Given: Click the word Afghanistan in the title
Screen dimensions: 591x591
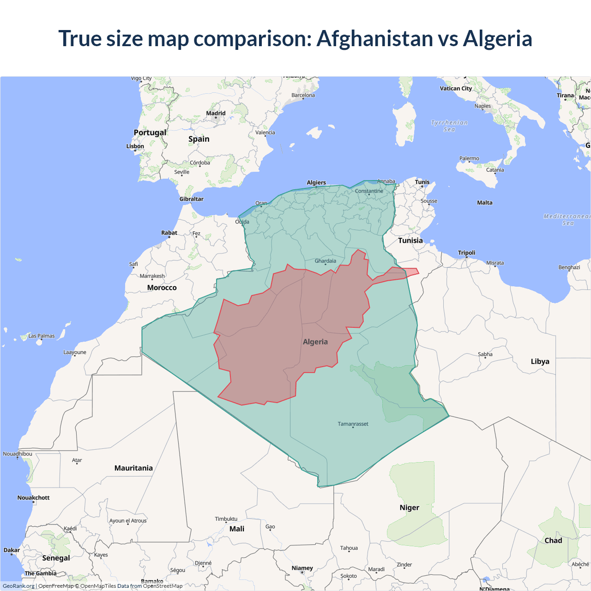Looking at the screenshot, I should (374, 38).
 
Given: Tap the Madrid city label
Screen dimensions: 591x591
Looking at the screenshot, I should (216, 113).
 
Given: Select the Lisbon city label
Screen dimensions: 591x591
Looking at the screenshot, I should (135, 146).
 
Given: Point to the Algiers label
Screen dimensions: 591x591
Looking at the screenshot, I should (316, 183).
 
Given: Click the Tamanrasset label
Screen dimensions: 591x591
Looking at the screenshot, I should (353, 424).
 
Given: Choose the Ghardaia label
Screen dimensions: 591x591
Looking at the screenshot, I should (326, 261).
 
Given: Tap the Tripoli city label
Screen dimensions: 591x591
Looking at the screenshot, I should (466, 253).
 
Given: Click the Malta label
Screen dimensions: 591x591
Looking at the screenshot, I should (485, 203).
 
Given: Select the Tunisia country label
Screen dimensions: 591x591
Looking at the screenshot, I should (410, 241).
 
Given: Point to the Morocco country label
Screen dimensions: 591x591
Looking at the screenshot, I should (162, 288).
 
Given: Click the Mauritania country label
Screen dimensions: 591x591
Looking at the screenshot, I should (133, 468).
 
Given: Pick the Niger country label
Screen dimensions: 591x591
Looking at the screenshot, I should (410, 507).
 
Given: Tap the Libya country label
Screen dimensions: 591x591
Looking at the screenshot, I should (540, 362).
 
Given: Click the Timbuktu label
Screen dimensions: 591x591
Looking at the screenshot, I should (226, 519).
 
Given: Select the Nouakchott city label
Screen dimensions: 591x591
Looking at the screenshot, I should (33, 498).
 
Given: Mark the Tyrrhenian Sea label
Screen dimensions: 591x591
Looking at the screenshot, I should (449, 126).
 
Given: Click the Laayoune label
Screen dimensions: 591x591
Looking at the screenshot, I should (75, 352).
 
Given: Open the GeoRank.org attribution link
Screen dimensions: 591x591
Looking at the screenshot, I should (18, 586).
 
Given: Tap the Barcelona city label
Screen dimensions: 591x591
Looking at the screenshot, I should (303, 96).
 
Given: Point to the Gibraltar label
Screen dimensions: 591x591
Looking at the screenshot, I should (191, 199).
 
